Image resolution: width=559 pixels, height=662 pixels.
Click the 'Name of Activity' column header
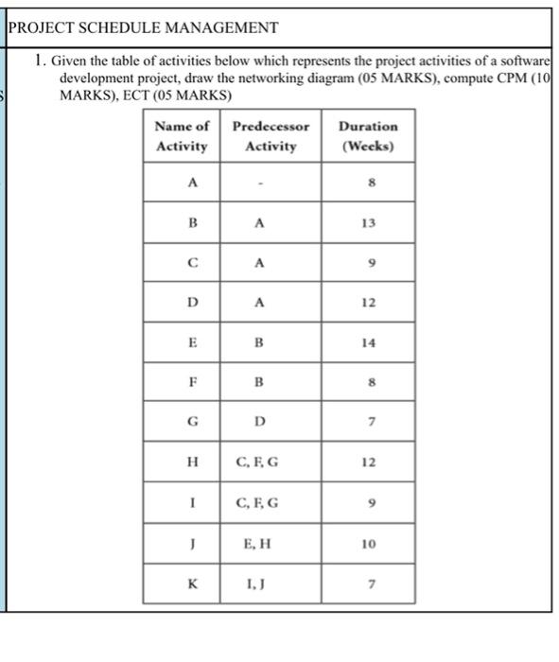182,136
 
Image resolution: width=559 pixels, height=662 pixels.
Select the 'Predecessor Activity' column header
271,136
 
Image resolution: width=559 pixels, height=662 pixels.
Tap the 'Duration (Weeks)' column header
368,136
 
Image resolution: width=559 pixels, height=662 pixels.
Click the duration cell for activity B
368,223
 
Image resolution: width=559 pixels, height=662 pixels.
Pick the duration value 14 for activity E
368,343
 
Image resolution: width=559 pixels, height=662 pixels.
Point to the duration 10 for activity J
368,544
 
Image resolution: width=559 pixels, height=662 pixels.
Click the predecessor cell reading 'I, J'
258,584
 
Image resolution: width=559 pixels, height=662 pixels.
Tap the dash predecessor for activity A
258,183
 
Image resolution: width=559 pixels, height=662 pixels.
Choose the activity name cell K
193,584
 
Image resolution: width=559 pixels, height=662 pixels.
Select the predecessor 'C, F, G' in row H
257,463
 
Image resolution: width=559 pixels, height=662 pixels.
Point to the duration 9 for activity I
368,503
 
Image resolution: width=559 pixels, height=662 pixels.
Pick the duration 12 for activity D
368,303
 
